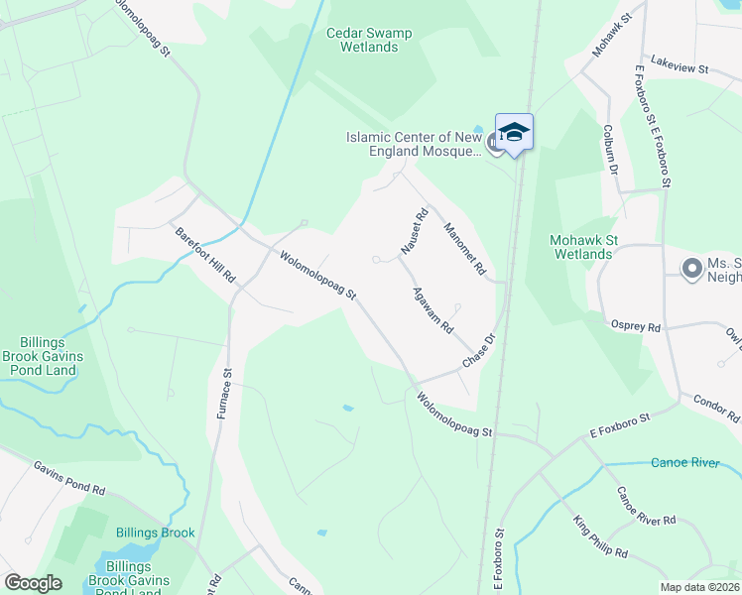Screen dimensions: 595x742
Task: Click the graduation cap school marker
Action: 514,132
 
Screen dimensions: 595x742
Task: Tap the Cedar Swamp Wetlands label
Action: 369,40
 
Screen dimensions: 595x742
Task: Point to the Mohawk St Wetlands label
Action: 581,247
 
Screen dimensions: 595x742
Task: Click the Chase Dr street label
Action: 477,352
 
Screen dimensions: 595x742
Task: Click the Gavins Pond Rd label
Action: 68,477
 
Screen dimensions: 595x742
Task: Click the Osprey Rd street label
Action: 635,327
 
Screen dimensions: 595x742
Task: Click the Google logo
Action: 33,583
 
